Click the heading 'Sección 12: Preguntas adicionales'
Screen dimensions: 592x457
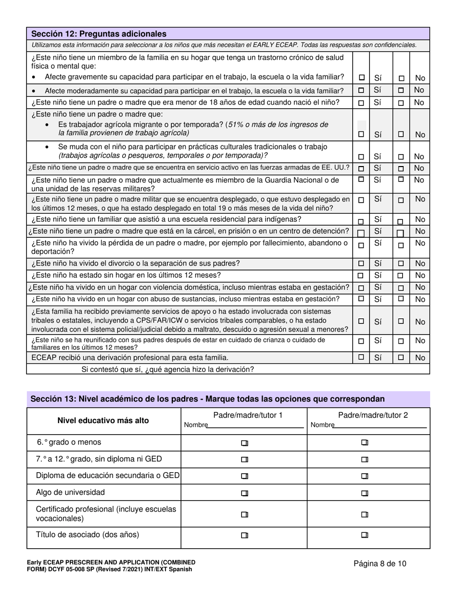click(99, 34)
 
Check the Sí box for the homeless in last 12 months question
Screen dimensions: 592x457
click(361, 276)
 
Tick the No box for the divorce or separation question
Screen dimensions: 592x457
click(401, 264)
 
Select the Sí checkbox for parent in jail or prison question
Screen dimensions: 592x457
click(361, 232)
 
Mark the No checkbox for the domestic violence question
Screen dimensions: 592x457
click(401, 288)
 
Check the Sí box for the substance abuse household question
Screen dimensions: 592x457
click(361, 299)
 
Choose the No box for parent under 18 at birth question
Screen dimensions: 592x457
click(401, 103)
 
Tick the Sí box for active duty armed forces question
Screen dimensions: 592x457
click(361, 168)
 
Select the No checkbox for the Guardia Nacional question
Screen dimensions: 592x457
click(401, 180)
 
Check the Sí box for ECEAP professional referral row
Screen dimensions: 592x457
click(361, 357)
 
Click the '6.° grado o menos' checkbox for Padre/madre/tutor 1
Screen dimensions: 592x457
click(244, 443)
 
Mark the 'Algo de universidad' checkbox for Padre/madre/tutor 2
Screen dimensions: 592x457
click(365, 493)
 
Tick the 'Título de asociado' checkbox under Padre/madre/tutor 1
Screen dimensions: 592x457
click(244, 535)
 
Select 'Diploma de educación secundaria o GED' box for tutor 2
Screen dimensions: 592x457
click(365, 476)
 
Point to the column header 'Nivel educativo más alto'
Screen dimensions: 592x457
click(103, 420)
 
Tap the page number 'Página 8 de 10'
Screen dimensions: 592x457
click(380, 564)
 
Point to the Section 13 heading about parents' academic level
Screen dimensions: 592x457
click(207, 399)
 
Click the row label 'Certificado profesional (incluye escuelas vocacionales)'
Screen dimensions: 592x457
click(106, 514)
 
